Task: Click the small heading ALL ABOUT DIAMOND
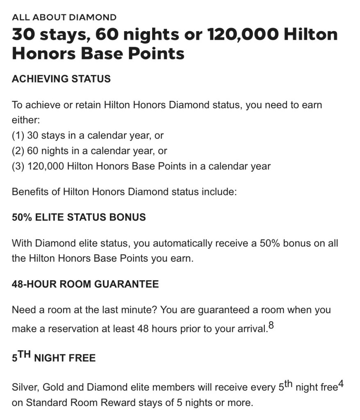click(64, 17)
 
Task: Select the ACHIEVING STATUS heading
click(61, 79)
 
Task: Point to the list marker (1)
click(18, 135)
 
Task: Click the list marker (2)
click(18, 151)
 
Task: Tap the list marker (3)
click(18, 166)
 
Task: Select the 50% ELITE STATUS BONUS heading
click(79, 217)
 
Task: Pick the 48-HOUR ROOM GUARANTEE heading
click(85, 284)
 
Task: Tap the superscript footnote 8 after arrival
click(270, 326)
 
